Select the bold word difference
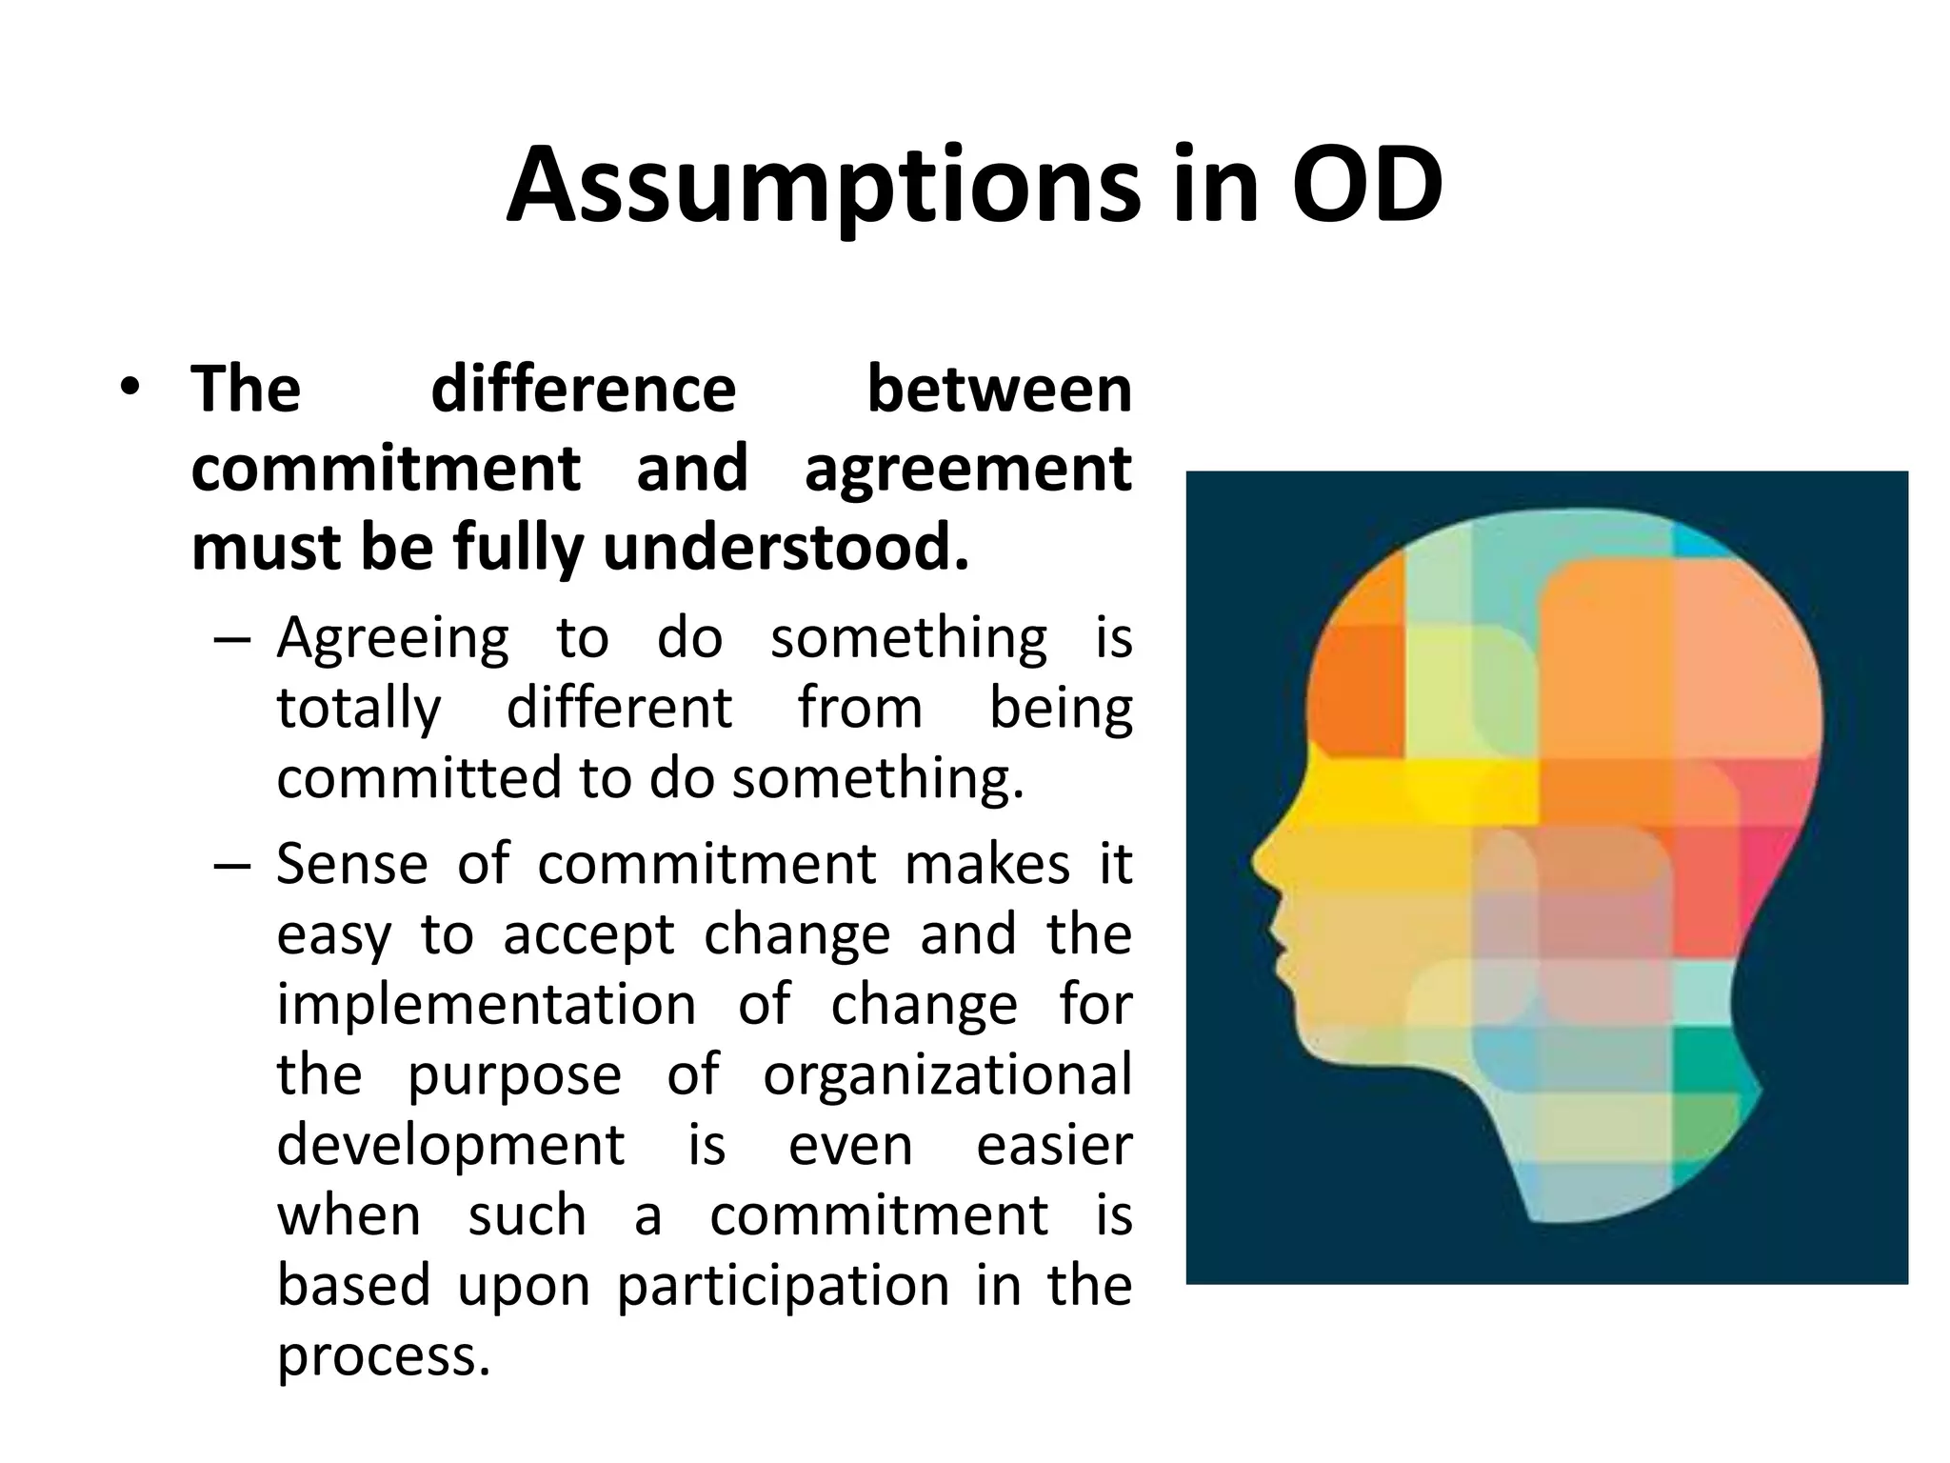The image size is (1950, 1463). (583, 390)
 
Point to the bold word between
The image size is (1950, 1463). (999, 390)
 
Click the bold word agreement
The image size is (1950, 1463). (967, 469)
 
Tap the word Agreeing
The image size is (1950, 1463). (393, 638)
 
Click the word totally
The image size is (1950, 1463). (359, 709)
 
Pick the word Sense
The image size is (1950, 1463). (352, 864)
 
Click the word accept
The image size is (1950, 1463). (588, 934)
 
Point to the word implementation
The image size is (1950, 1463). (487, 1004)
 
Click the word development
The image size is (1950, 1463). (450, 1144)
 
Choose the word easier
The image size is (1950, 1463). (1054, 1144)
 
